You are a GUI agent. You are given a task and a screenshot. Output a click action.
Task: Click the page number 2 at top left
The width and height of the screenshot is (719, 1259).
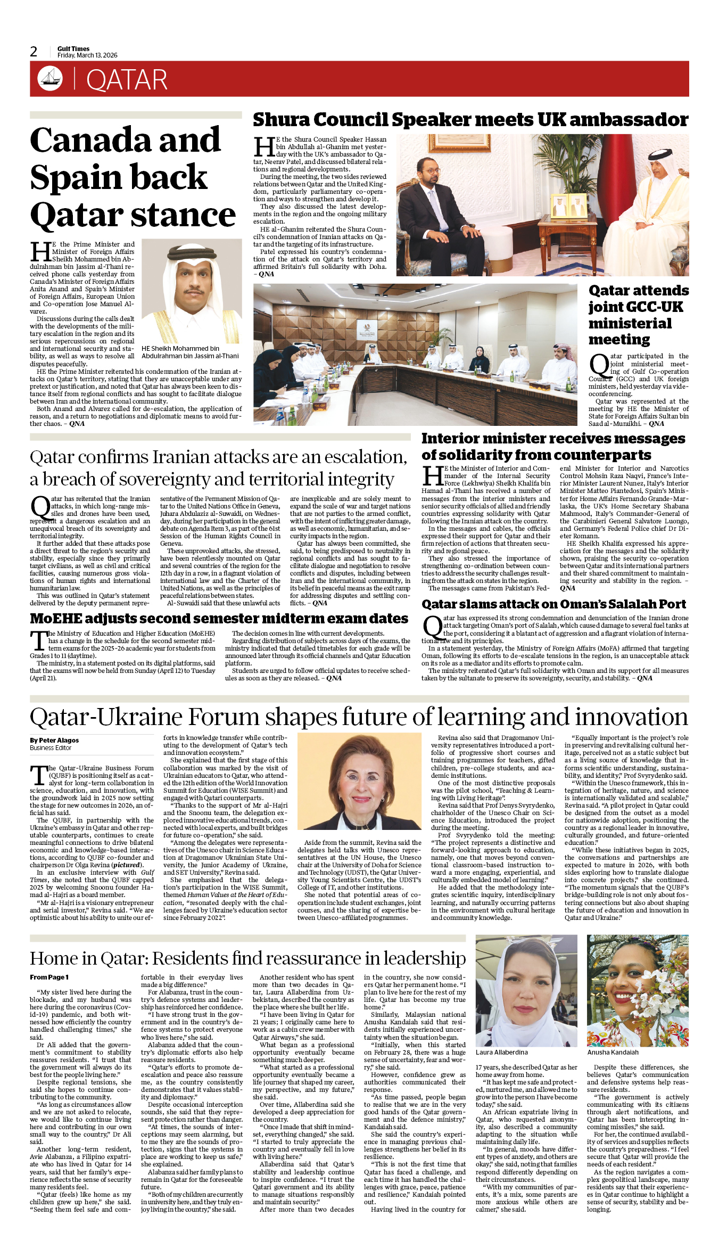click(x=34, y=52)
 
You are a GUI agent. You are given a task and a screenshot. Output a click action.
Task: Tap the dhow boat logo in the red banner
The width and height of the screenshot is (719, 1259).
click(x=50, y=79)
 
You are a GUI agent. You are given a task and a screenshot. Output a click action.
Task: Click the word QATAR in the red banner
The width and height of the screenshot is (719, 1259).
click(x=127, y=80)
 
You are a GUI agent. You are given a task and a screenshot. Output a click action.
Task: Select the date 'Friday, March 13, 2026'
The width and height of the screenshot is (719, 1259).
click(x=87, y=55)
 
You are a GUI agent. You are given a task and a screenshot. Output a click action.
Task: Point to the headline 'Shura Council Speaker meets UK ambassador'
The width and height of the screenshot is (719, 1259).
click(x=470, y=120)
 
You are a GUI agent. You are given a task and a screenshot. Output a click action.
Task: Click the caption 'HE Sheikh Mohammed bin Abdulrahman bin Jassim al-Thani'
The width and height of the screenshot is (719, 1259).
click(x=190, y=352)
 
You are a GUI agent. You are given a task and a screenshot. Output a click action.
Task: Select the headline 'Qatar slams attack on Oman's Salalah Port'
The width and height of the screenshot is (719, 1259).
click(x=553, y=604)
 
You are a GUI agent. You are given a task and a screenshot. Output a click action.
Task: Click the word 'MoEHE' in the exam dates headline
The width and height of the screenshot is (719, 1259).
click(x=55, y=619)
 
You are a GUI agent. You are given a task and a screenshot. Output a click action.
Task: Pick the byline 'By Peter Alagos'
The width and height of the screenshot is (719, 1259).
click(x=54, y=740)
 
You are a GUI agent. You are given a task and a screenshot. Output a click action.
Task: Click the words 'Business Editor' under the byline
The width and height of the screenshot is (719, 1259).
click(x=51, y=748)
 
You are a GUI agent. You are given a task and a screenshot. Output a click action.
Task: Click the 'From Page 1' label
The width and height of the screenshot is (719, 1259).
click(x=49, y=977)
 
